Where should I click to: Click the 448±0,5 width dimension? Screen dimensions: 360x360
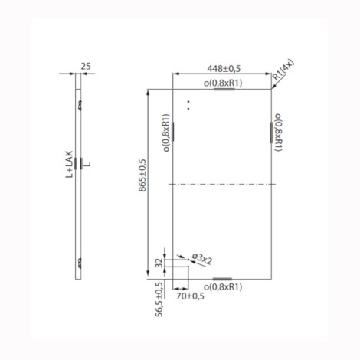[224, 69]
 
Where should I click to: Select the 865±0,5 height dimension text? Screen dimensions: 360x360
[142, 175]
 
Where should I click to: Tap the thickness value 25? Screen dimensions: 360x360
[86, 66]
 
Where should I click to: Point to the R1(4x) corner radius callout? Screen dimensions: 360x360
[283, 70]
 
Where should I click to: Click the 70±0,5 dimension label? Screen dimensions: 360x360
[190, 296]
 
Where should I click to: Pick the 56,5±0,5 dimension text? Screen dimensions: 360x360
[159, 299]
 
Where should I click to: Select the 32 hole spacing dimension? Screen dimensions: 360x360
[159, 263]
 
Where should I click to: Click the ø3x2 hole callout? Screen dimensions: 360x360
[202, 260]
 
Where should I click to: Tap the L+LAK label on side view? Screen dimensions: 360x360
[69, 165]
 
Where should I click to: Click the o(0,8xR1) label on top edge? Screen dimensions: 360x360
[223, 83]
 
